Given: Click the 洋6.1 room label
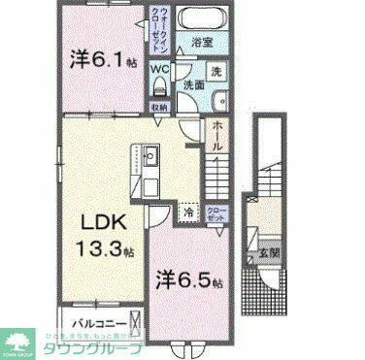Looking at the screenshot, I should coord(100,59).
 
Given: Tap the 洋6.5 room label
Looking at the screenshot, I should coord(190,281).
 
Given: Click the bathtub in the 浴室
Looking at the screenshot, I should coord(203,17).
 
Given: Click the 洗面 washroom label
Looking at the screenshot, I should coord(194,85).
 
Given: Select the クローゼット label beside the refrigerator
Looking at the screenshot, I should coord(216,213).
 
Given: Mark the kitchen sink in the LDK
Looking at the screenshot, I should coord(151,155).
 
